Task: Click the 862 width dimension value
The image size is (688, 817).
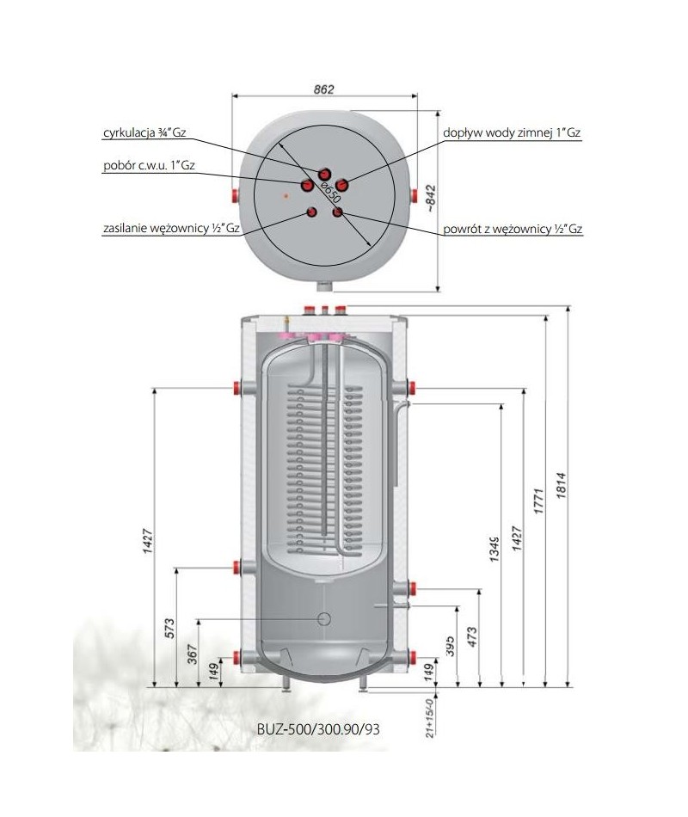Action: [x=323, y=89]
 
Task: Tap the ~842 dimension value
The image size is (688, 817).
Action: [x=431, y=198]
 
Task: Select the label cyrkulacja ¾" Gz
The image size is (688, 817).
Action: [x=144, y=132]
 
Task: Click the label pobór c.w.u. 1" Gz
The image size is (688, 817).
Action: [x=149, y=165]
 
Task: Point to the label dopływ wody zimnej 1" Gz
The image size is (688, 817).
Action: [x=512, y=132]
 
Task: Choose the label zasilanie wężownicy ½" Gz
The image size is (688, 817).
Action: [x=171, y=228]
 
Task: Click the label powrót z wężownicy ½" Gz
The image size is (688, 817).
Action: [x=513, y=229]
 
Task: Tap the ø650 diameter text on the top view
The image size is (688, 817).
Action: [x=330, y=191]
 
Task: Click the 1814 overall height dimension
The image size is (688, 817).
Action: [x=561, y=486]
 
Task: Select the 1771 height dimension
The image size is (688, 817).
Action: [x=538, y=501]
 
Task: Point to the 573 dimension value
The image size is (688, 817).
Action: [x=169, y=629]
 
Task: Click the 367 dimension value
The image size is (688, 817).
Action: [x=192, y=654]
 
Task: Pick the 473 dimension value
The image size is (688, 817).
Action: [x=472, y=637]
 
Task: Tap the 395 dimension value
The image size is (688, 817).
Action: [x=451, y=646]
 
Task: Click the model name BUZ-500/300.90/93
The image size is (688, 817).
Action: [x=318, y=728]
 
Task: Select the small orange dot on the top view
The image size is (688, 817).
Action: [x=286, y=196]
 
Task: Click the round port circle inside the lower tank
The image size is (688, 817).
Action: [x=324, y=618]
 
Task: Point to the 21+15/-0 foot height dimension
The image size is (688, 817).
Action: [x=430, y=715]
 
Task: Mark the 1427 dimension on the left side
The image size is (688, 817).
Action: [x=148, y=540]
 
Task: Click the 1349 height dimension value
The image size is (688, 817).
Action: [x=494, y=550]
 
